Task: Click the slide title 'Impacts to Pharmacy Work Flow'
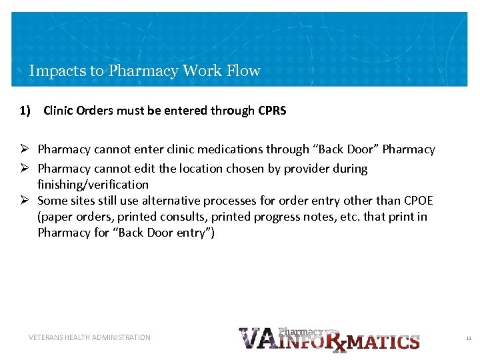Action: pos(145,71)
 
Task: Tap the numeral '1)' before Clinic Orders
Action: pos(25,111)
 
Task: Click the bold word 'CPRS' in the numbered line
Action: pos(272,111)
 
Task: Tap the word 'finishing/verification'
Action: pos(93,185)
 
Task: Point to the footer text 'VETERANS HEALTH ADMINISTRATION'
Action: pos(89,337)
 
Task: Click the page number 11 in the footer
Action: pos(468,339)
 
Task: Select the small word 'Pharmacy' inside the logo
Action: pos(300,331)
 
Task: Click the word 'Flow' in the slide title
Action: pos(243,71)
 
